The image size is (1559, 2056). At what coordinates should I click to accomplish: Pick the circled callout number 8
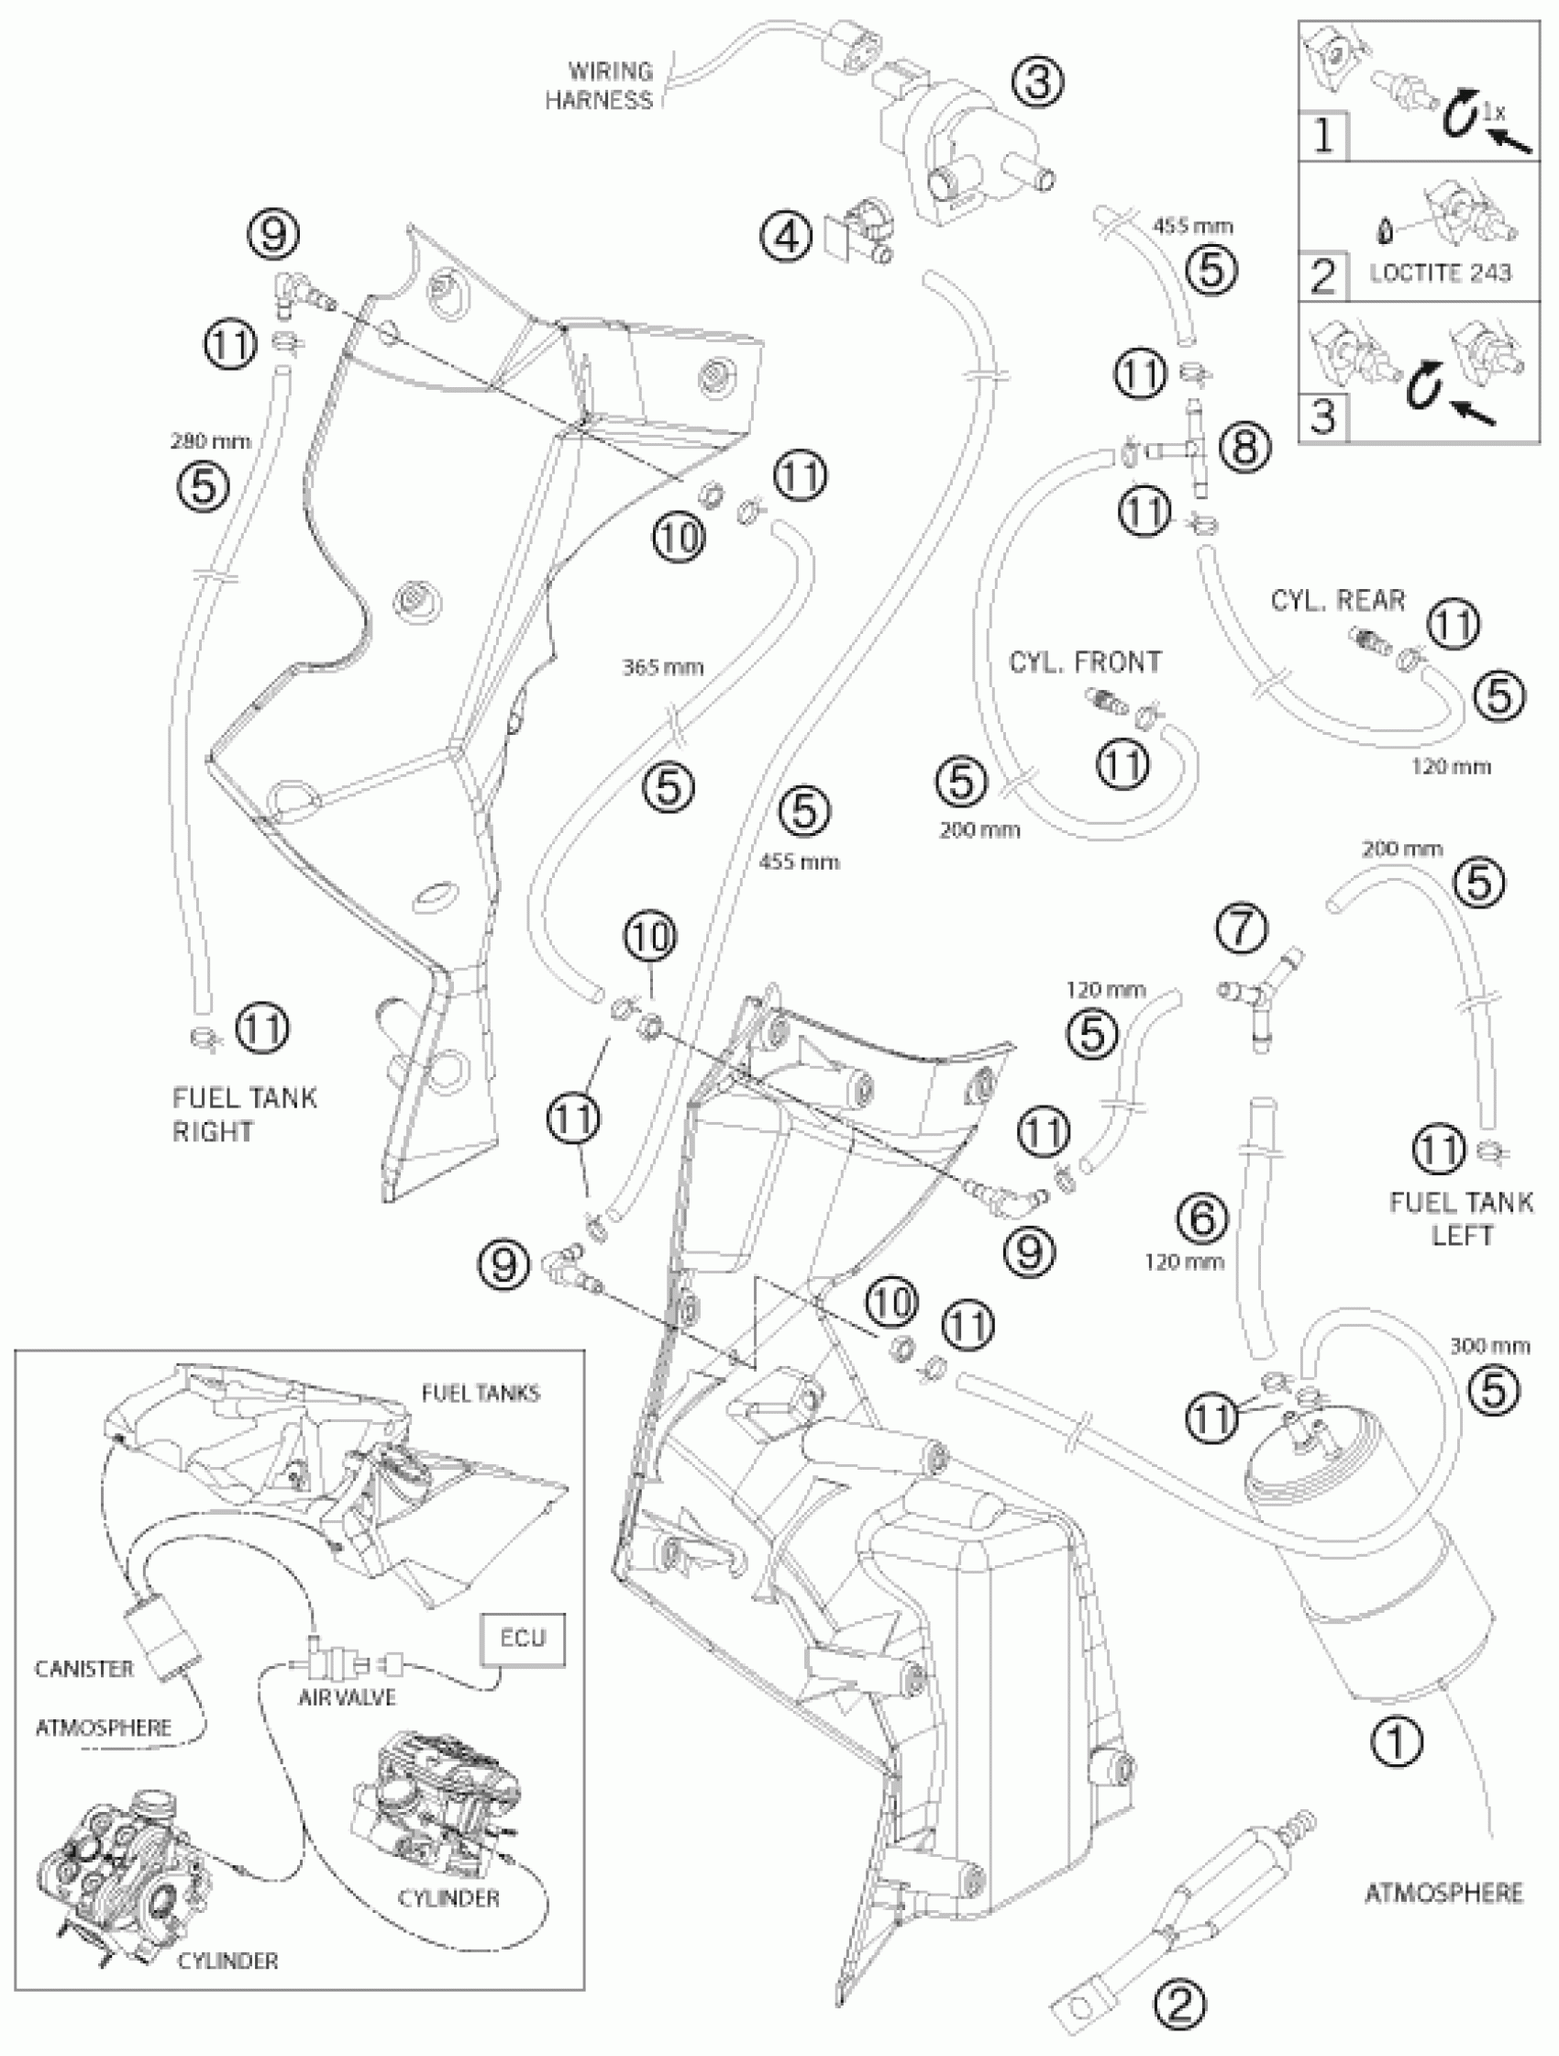pyautogui.click(x=1244, y=447)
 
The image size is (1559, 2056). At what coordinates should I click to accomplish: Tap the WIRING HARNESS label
pyautogui.click(x=599, y=85)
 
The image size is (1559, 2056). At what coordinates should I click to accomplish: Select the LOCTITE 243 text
pyautogui.click(x=1440, y=272)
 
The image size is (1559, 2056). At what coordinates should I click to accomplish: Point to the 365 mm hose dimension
pyautogui.click(x=662, y=667)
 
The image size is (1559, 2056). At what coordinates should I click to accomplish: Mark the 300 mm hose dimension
pyautogui.click(x=1489, y=1345)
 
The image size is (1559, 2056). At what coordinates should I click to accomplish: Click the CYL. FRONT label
pyautogui.click(x=1085, y=661)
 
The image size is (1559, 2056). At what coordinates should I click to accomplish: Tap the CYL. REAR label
pyautogui.click(x=1338, y=600)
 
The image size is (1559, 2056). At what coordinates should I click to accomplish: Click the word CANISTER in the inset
pyautogui.click(x=84, y=1669)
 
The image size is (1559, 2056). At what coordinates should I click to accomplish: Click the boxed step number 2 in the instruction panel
pyautogui.click(x=1322, y=277)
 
